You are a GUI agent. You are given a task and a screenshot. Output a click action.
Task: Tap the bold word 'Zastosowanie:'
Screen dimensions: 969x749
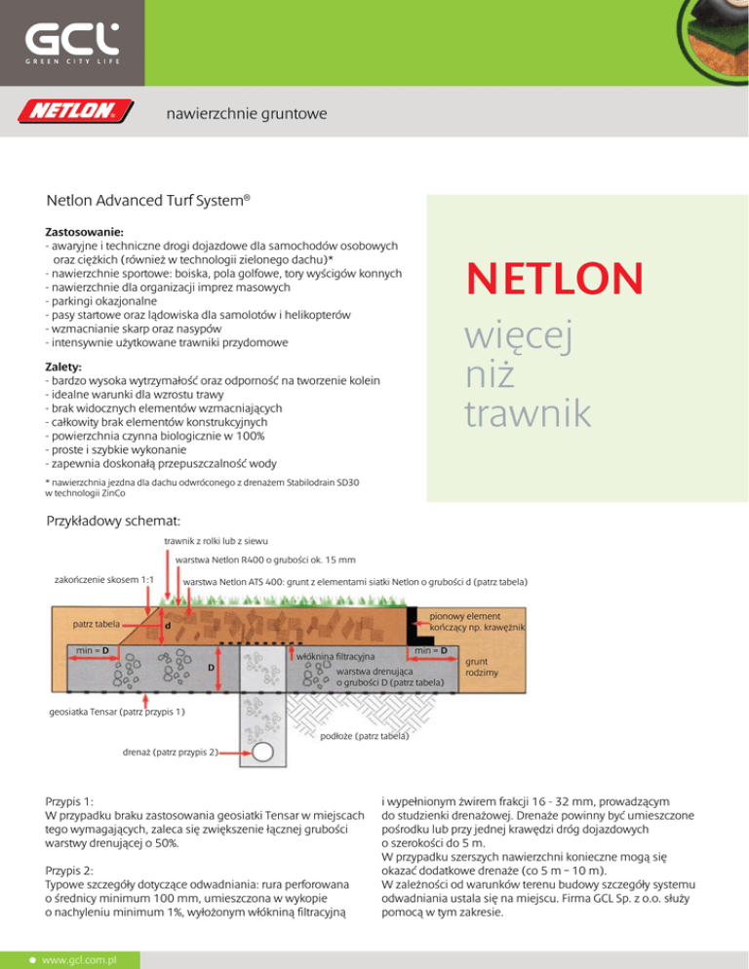click(84, 233)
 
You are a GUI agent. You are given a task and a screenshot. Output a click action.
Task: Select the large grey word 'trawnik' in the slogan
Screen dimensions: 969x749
click(528, 413)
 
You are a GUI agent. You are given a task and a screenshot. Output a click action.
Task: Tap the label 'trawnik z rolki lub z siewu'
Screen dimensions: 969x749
click(217, 540)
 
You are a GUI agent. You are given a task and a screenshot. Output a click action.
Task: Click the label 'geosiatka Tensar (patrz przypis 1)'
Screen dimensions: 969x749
click(117, 713)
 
